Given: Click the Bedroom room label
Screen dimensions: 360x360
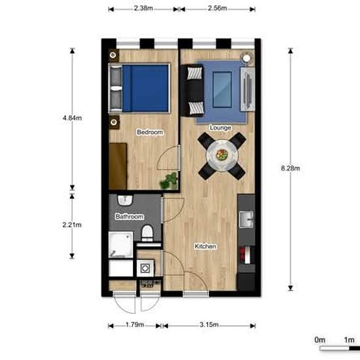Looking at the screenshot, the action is pyautogui.click(x=150, y=132).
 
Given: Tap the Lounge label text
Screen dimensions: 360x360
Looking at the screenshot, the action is pyautogui.click(x=220, y=128).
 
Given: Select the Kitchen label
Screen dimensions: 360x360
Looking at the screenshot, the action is pyautogui.click(x=206, y=246).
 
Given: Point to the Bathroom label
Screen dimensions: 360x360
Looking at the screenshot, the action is pyautogui.click(x=130, y=217).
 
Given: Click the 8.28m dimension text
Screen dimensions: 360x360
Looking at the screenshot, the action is pyautogui.click(x=291, y=168).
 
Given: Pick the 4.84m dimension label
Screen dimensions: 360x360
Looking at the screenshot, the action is pyautogui.click(x=72, y=118).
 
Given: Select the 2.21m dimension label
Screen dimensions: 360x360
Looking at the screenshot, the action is pyautogui.click(x=72, y=225).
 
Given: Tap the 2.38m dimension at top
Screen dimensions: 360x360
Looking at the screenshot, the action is pyautogui.click(x=143, y=9).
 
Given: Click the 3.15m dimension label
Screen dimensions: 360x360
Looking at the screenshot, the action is pyautogui.click(x=209, y=325).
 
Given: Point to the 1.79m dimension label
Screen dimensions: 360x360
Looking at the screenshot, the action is pyautogui.click(x=135, y=325).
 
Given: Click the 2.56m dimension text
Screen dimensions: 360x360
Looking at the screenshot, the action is pyautogui.click(x=217, y=9).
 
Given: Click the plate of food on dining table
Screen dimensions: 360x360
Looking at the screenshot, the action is pyautogui.click(x=222, y=155).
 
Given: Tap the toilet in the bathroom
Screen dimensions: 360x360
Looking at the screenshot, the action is pyautogui.click(x=147, y=233).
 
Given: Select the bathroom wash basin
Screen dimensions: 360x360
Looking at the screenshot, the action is pyautogui.click(x=125, y=200).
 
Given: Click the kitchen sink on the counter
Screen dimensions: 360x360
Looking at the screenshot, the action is pyautogui.click(x=246, y=219).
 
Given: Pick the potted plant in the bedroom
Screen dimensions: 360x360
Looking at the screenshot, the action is pyautogui.click(x=170, y=181).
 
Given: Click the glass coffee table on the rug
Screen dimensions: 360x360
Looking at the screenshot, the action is pyautogui.click(x=223, y=90).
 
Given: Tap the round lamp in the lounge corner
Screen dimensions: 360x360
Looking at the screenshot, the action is pyautogui.click(x=247, y=58).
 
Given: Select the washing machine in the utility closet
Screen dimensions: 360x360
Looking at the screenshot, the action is pyautogui.click(x=145, y=268).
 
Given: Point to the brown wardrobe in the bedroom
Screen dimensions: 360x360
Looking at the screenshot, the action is pyautogui.click(x=118, y=166).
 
